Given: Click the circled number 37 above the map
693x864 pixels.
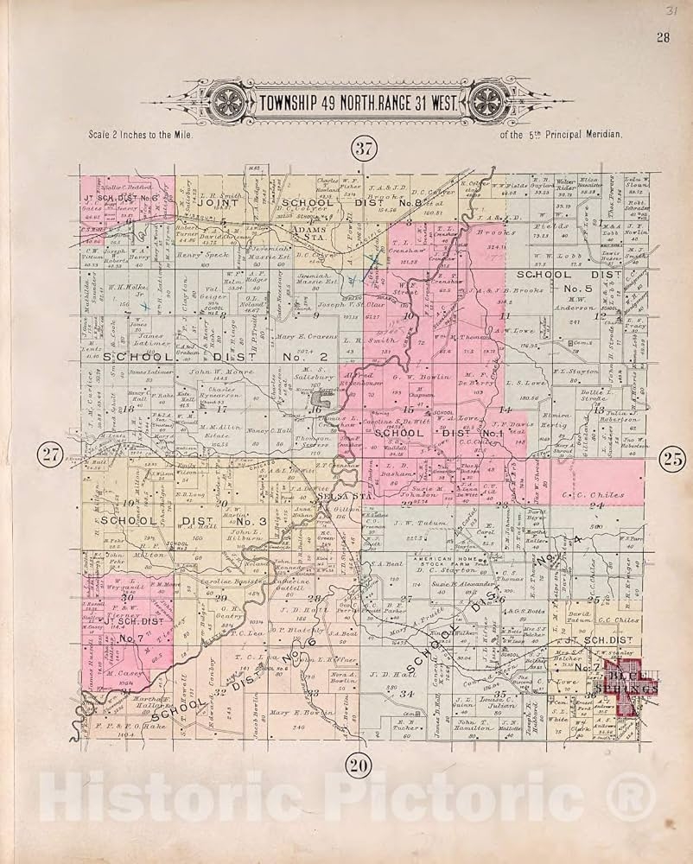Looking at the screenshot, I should [x=362, y=149].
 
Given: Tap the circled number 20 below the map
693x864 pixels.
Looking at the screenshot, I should [x=359, y=763].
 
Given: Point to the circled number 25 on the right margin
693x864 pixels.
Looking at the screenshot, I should [x=672, y=458].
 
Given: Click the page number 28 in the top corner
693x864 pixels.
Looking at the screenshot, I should [x=662, y=36].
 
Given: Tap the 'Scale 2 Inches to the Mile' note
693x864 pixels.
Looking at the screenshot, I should [x=140, y=136].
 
